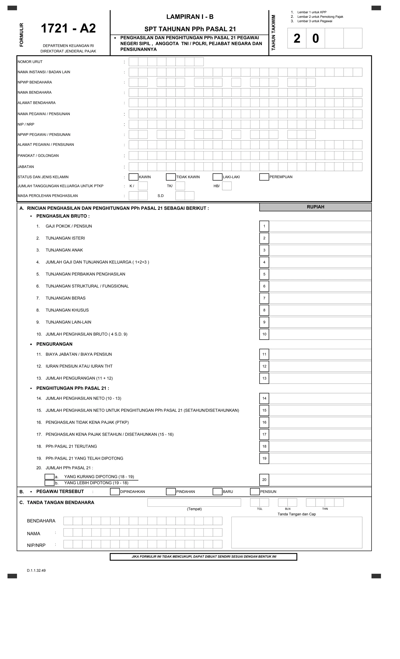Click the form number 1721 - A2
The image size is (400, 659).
point(68,28)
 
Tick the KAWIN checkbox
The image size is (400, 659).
point(133,177)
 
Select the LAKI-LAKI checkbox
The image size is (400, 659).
point(217,177)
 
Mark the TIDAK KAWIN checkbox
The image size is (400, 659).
point(171,177)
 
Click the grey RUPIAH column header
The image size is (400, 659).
point(315,207)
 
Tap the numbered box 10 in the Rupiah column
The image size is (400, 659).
point(264,334)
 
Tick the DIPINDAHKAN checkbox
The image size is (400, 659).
point(115,492)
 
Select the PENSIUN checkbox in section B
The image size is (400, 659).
point(255,492)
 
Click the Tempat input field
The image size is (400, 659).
point(194,502)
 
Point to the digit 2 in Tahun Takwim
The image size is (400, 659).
point(297,38)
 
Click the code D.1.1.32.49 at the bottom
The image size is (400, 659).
point(36,570)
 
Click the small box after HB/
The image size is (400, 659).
point(227,186)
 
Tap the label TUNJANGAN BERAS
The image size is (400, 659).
point(65,298)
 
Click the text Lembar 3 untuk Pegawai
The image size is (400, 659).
point(315,21)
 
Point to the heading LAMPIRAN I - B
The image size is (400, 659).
point(190,17)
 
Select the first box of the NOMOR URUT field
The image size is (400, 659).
point(133,62)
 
